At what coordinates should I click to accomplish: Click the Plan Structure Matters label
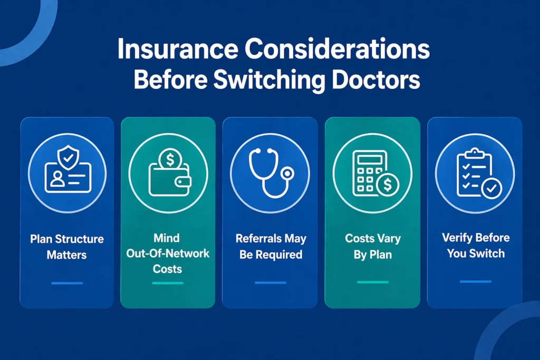coord(67,247)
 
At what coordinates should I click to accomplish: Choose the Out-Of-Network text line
coord(168,254)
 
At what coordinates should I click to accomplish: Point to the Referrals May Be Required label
coord(271,246)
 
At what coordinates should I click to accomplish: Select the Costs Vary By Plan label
coord(373,246)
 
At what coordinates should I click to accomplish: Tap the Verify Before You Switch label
coord(476,245)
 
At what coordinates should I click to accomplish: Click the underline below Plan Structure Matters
coord(67,283)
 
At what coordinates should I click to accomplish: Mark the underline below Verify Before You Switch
coord(476,281)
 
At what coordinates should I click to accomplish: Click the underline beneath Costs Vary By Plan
coord(373,283)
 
